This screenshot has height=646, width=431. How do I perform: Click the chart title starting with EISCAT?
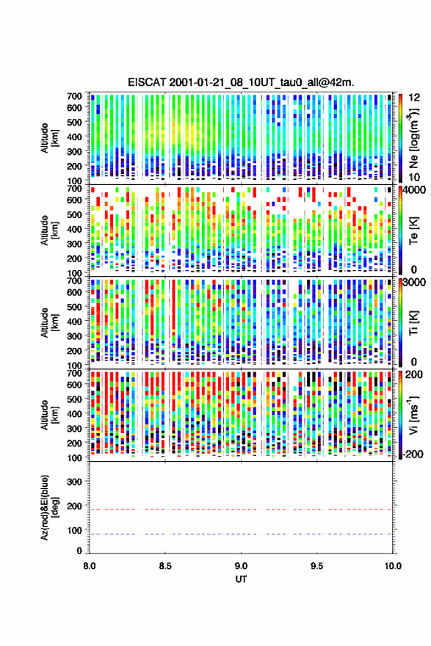241,82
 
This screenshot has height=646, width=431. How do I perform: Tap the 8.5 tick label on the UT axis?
165,566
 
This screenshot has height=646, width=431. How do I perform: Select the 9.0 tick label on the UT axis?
241,566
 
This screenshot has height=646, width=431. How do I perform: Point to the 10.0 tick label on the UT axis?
393,566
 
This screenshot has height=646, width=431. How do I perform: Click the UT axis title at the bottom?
241,579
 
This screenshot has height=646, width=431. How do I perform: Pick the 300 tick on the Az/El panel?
74,482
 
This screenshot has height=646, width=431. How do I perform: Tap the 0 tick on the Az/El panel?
79,551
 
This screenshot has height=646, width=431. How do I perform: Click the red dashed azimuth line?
241,509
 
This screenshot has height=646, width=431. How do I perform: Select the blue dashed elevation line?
241,534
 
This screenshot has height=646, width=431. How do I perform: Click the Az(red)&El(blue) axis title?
49,507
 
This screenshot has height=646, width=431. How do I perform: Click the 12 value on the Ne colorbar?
414,98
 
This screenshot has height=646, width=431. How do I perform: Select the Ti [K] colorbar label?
413,322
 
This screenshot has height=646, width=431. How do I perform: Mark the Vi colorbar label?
413,415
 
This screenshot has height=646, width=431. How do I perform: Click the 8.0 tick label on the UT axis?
90,566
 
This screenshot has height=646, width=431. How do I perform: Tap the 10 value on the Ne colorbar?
414,177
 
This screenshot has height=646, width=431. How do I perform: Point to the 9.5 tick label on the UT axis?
317,566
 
